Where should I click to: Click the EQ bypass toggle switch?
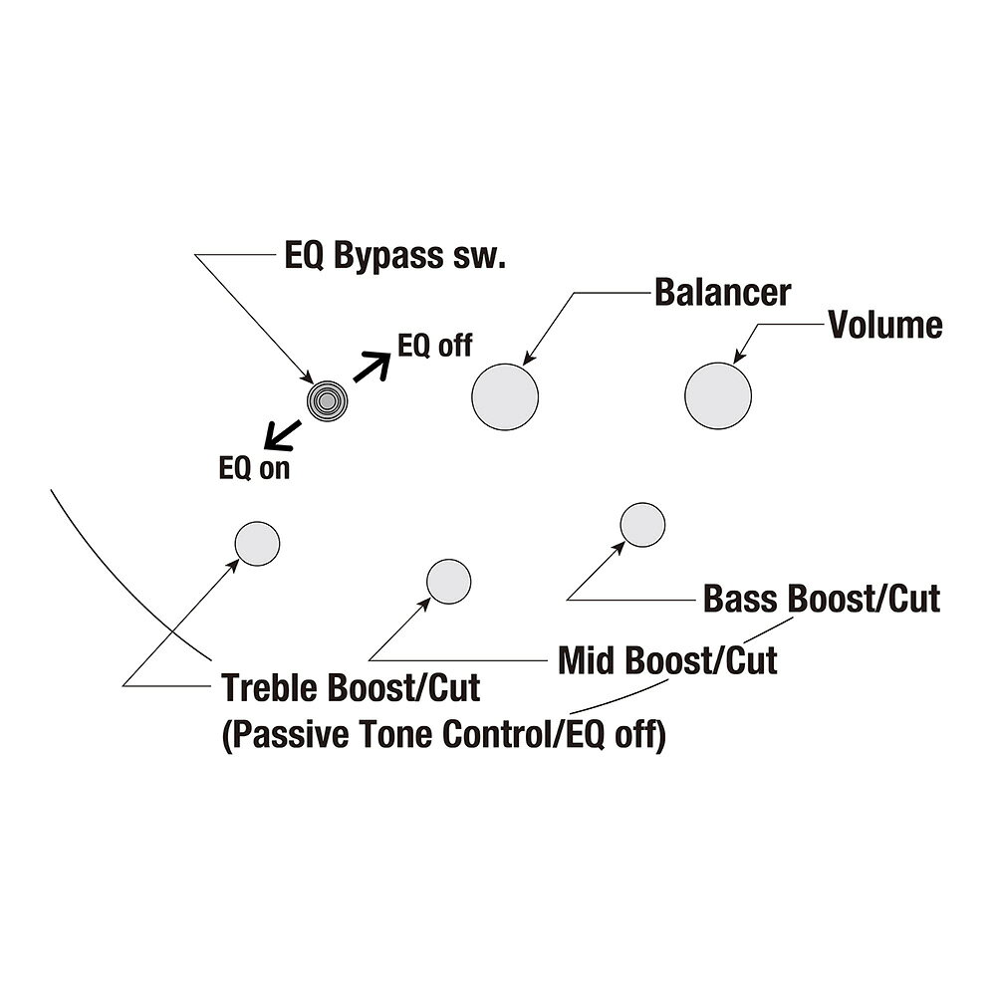(x=327, y=400)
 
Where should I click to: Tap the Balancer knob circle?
(x=505, y=397)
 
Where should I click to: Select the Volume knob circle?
(x=718, y=395)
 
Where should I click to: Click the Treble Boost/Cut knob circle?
(x=257, y=544)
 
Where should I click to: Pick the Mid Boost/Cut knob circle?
(x=448, y=582)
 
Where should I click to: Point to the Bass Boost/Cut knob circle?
(x=642, y=525)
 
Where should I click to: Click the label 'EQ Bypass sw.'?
(x=394, y=257)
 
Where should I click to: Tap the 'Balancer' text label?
(x=723, y=292)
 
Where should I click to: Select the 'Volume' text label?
(x=885, y=325)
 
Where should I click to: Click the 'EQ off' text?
(x=434, y=346)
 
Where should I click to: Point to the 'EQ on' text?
(x=254, y=468)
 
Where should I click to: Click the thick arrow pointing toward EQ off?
(x=372, y=368)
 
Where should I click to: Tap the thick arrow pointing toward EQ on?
(x=283, y=435)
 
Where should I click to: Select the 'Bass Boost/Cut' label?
(x=822, y=599)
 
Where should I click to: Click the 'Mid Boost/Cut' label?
(x=667, y=660)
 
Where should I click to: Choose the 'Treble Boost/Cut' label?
(x=350, y=688)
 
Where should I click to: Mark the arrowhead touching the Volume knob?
(x=738, y=357)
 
